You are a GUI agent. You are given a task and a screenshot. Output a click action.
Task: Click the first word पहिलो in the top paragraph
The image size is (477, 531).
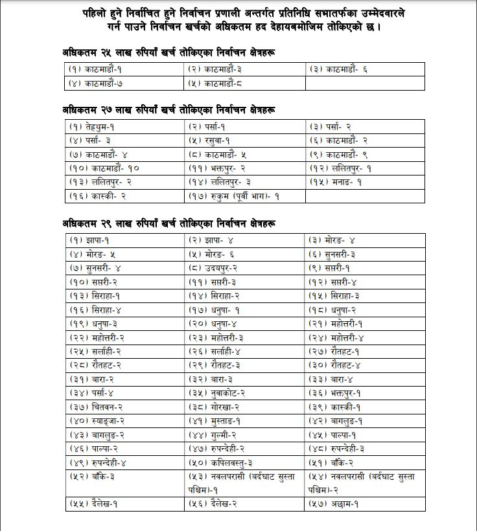tap(96, 14)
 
